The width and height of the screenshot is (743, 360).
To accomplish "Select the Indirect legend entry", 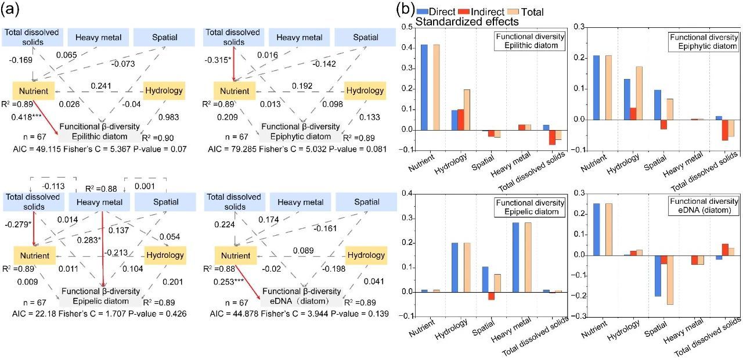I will pyautogui.click(x=485, y=11).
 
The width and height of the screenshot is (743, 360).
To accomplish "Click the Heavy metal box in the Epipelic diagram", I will pyautogui.click(x=96, y=203).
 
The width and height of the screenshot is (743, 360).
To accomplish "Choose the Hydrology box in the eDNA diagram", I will pyautogui.click(x=365, y=255).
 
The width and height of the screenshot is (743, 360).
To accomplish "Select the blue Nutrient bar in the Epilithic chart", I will pyautogui.click(x=424, y=87).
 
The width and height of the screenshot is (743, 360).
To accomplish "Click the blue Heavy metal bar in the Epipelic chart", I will pyautogui.click(x=517, y=257).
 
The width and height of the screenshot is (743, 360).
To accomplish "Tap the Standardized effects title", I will pyautogui.click(x=467, y=22).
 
